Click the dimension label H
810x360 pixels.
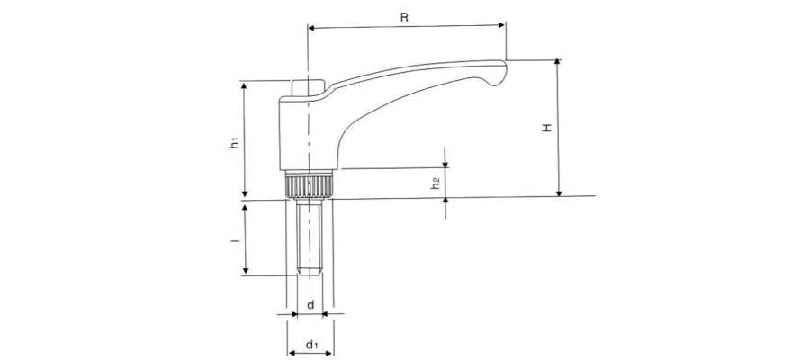(x=546, y=129)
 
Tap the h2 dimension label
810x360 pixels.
(x=435, y=183)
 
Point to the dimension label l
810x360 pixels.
(x=233, y=240)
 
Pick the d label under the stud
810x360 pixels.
(x=310, y=305)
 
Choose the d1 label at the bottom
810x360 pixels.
(x=310, y=343)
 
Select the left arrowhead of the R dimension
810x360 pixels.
(x=312, y=28)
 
